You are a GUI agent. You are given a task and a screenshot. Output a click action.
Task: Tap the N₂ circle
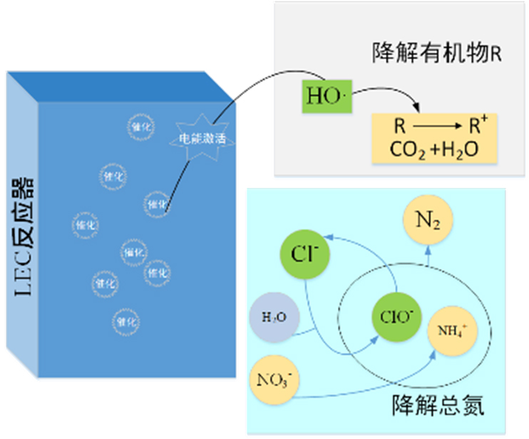428,221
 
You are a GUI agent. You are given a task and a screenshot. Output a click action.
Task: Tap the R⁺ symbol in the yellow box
477,128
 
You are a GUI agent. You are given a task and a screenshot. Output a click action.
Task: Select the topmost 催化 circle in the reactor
138,126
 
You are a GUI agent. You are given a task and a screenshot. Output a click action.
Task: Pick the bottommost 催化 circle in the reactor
123,322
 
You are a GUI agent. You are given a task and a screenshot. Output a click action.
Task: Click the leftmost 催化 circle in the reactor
84,226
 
